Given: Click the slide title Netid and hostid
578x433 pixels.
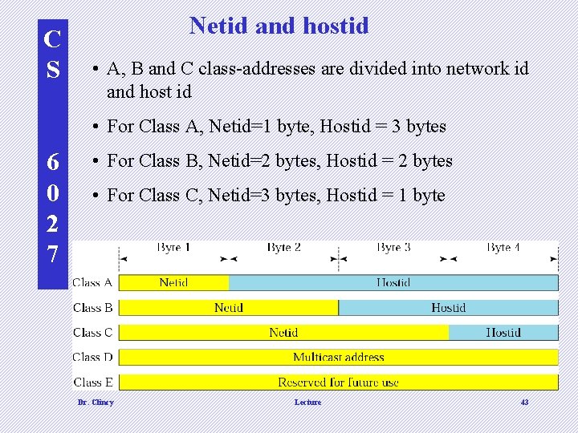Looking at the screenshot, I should [279, 26].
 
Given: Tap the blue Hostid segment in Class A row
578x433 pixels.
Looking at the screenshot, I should [393, 282].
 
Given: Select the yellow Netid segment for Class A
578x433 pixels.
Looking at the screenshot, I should [173, 282].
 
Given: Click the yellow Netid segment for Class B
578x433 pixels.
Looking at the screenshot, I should [229, 307].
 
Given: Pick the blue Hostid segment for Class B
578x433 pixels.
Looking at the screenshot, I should [448, 307].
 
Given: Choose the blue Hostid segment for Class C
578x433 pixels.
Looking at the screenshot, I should [503, 332].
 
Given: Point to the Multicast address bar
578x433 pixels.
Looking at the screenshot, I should [338, 357].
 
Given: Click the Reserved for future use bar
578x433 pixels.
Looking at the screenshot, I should [338, 382].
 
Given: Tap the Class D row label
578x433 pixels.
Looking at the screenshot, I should [92, 357].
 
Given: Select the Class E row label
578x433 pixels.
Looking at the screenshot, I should [92, 382].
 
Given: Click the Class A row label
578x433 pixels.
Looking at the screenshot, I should [92, 282].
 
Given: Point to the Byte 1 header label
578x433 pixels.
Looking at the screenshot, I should [173, 248].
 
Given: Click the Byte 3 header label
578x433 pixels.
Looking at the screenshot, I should [393, 248].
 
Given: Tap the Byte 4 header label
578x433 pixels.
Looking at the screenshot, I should [503, 248].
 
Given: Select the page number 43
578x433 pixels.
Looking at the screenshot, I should [524, 402].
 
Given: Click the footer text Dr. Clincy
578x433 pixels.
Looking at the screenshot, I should [96, 402].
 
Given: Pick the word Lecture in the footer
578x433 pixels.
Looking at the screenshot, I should [307, 402].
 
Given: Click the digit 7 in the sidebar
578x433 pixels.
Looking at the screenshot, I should [52, 254].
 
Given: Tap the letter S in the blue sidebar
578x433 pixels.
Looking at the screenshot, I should [52, 69].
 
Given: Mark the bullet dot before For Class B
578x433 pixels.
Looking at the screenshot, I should [95, 161].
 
